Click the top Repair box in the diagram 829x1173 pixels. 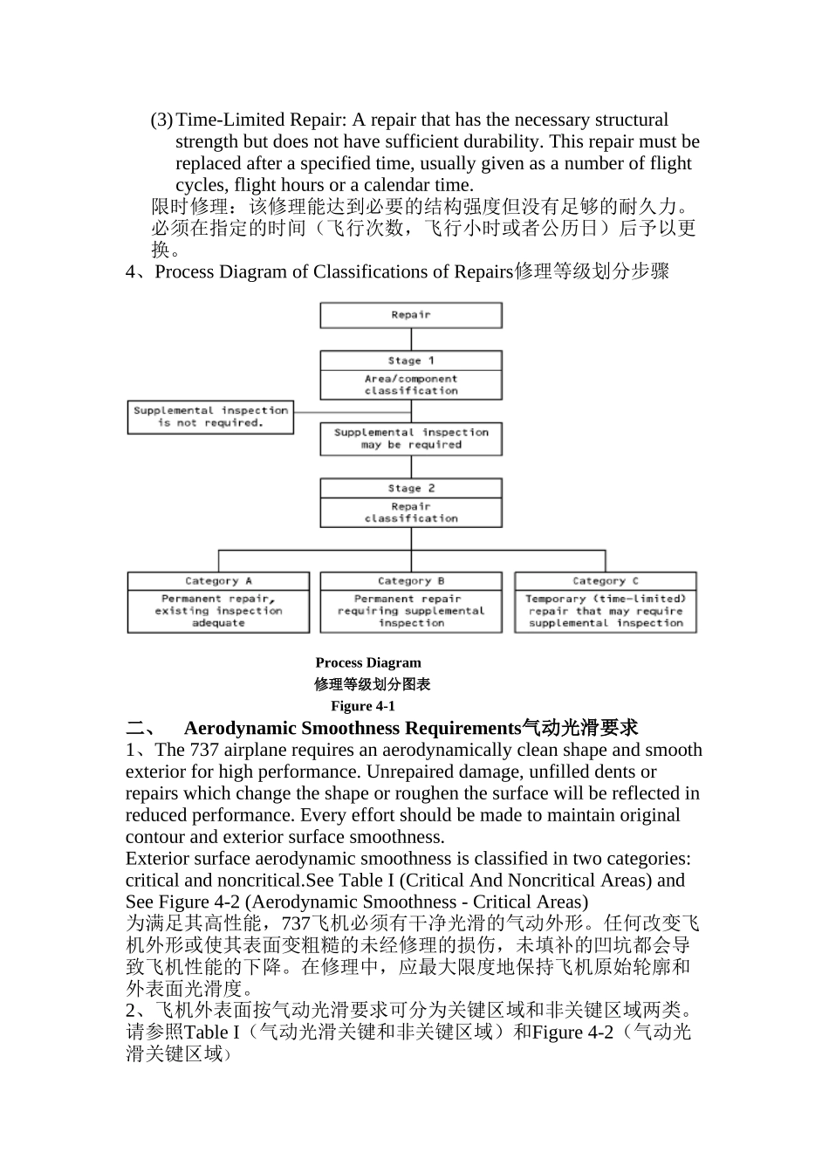tap(411, 315)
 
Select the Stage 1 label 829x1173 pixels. tap(411, 360)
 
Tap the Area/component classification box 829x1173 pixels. tap(411, 385)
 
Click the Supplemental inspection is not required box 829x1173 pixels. tap(210, 416)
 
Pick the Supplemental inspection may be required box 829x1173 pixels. tap(411, 438)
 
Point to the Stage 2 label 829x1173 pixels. tap(411, 489)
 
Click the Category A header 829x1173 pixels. tap(218, 581)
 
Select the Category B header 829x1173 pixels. tap(411, 581)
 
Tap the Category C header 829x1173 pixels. tap(606, 581)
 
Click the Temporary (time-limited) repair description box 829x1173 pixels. tap(606, 611)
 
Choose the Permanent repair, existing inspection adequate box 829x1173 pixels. tap(218, 611)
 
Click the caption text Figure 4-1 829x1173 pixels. tap(363, 706)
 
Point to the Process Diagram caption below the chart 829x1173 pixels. tap(368, 662)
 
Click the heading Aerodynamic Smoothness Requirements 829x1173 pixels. tap(352, 728)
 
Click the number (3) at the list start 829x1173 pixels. tap(161, 120)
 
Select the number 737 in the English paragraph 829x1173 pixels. tap(203, 750)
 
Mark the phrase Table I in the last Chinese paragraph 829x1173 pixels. tap(211, 1032)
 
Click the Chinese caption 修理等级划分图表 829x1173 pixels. tap(373, 684)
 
